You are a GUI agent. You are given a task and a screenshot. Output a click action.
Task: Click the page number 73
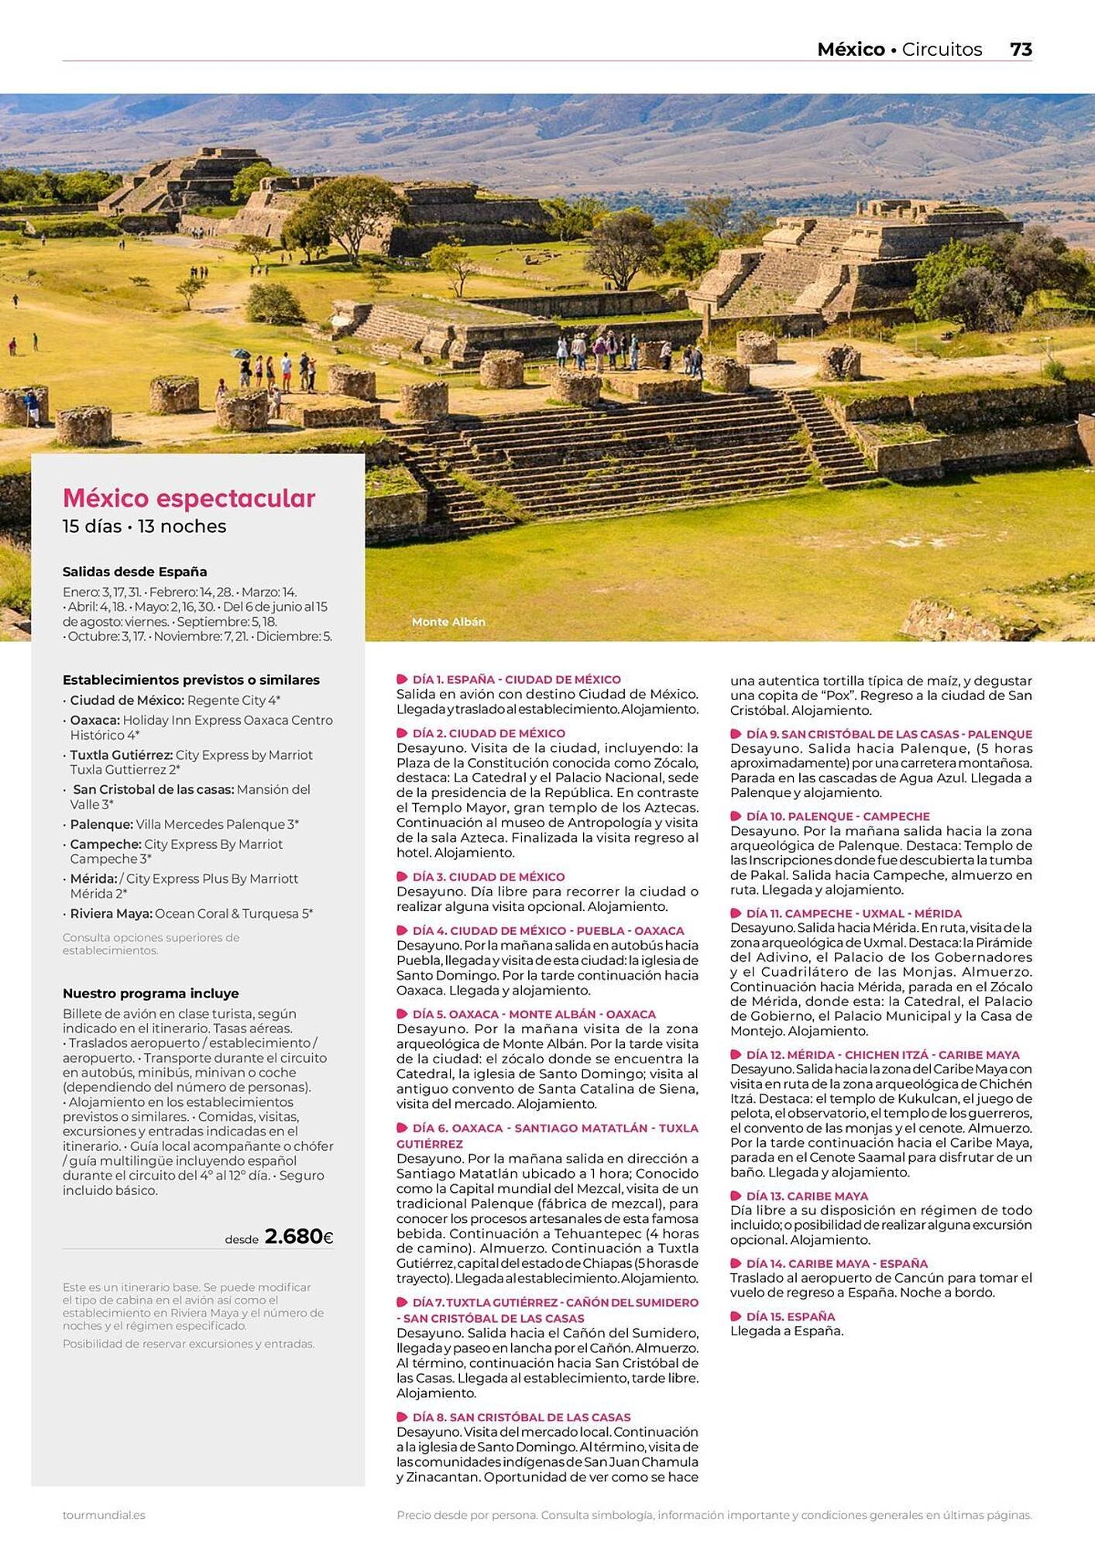[x=1021, y=50]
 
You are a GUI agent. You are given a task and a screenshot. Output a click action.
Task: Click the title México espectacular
[x=189, y=498]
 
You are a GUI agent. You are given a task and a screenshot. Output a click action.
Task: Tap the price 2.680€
[x=299, y=1236]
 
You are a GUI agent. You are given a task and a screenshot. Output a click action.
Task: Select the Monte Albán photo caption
[x=448, y=622]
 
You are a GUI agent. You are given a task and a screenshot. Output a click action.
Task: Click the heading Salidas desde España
[x=135, y=572]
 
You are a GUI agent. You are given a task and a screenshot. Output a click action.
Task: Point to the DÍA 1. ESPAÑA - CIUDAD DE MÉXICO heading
[x=517, y=679]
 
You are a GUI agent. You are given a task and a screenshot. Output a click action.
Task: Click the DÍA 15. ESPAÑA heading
[x=791, y=1316]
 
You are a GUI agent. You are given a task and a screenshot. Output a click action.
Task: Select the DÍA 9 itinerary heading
[x=889, y=733]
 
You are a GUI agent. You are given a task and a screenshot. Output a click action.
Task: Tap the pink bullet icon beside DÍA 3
[x=402, y=877]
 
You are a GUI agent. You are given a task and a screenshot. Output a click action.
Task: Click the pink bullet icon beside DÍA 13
[x=736, y=1196]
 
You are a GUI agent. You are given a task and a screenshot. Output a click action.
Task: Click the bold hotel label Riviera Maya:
[x=111, y=913]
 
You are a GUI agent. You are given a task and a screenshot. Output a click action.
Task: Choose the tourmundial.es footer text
[x=104, y=1515]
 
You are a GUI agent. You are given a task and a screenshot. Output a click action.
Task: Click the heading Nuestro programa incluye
[x=150, y=993]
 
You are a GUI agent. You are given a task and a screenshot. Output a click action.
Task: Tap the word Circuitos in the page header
[x=942, y=50]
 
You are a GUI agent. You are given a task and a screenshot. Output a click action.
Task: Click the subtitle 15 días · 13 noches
[x=144, y=527]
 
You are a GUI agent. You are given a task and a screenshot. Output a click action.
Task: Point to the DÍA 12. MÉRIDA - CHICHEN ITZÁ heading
[x=883, y=1054]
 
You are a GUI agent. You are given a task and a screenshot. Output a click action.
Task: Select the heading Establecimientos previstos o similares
[x=191, y=680]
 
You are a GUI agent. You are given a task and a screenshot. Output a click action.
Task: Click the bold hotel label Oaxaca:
[x=94, y=720]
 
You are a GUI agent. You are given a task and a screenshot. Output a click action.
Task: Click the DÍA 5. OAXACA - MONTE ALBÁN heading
[x=534, y=1014]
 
